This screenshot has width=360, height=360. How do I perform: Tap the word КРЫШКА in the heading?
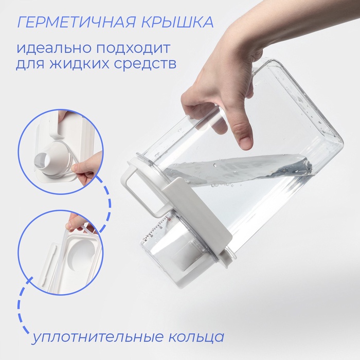point(177,22)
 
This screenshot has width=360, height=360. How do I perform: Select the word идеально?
point(53,48)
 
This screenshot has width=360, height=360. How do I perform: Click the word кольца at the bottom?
point(196,337)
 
